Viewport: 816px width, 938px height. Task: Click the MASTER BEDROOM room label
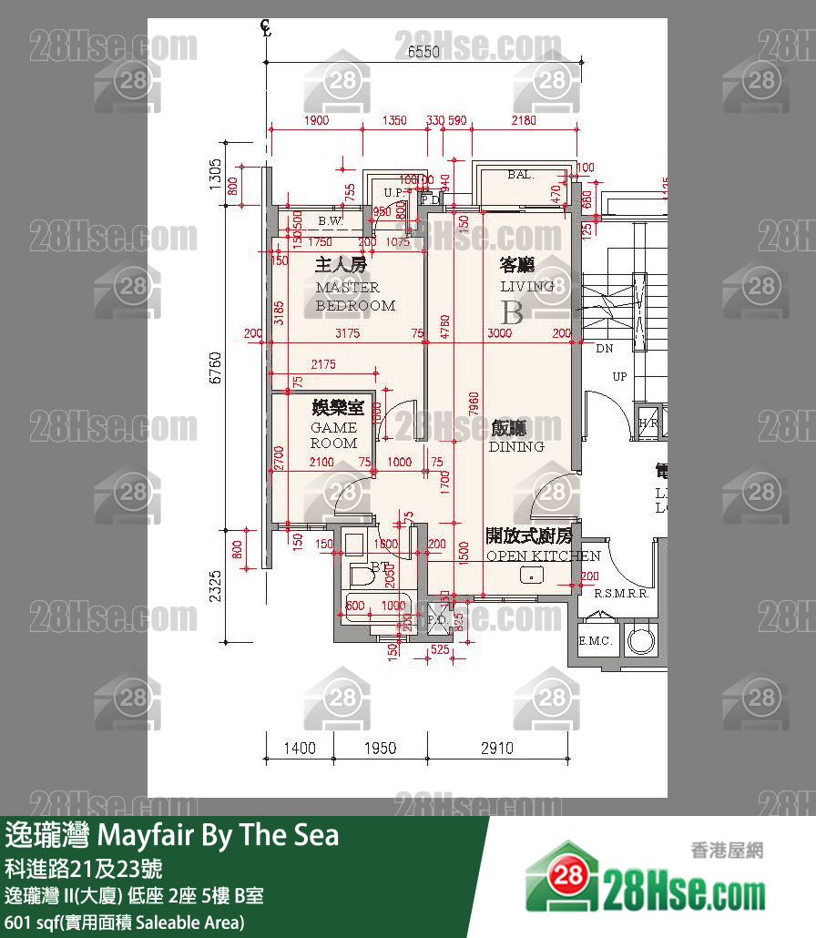pyautogui.click(x=355, y=297)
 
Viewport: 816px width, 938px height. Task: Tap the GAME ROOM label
pyautogui.click(x=334, y=435)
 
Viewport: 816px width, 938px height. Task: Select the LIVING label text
pyautogui.click(x=526, y=286)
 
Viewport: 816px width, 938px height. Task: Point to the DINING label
pyautogui.click(x=516, y=446)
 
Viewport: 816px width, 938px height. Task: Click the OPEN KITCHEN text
pyautogui.click(x=543, y=556)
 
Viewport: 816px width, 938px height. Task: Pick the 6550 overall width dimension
pyautogui.click(x=423, y=52)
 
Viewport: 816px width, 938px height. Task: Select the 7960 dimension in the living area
pyautogui.click(x=473, y=412)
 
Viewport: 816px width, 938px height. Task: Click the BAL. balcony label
pyautogui.click(x=520, y=174)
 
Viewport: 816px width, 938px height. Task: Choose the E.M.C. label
pyautogui.click(x=596, y=641)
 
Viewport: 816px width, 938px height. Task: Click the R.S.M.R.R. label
pyautogui.click(x=620, y=594)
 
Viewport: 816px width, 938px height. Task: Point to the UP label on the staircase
pyautogui.click(x=619, y=376)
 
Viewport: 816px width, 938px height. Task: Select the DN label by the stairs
pyautogui.click(x=604, y=349)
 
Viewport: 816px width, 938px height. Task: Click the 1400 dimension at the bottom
pyautogui.click(x=299, y=749)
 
